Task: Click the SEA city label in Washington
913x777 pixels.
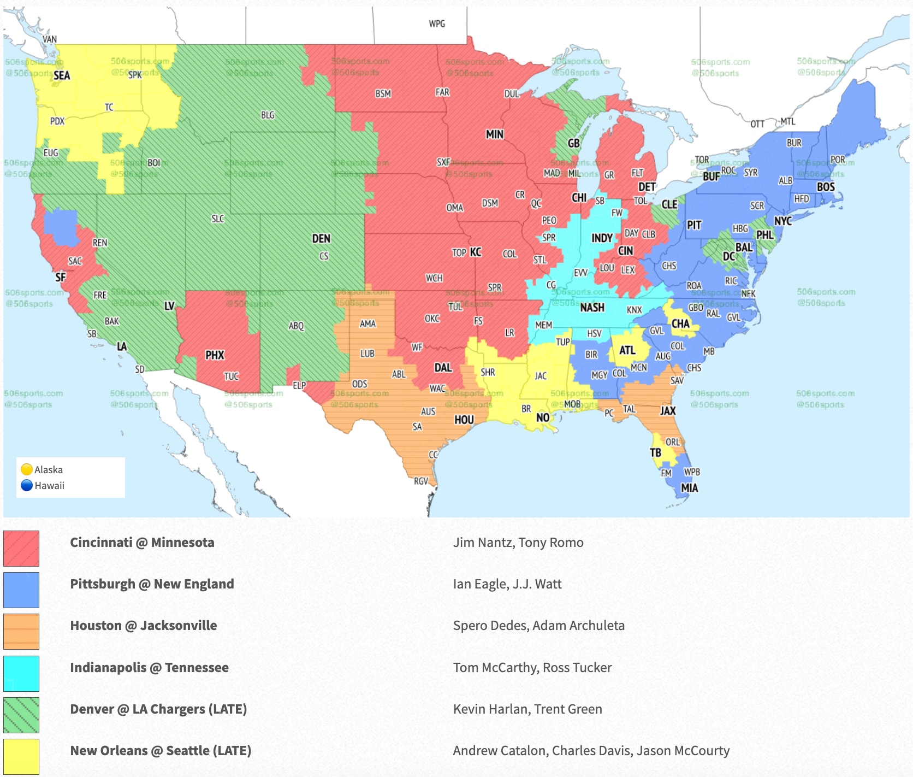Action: [62, 75]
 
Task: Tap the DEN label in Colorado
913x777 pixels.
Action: [321, 239]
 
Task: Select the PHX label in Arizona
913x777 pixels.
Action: [215, 355]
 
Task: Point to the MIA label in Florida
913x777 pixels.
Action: [689, 488]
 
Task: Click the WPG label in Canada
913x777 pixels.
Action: [437, 24]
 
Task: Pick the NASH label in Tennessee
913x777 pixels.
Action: [592, 308]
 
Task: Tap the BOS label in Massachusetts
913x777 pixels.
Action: [825, 187]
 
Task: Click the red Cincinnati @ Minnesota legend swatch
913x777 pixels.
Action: [21, 548]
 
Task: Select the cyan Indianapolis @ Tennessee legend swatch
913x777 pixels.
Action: [21, 673]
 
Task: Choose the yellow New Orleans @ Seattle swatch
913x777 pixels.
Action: [21, 756]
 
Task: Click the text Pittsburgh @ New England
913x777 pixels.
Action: [152, 584]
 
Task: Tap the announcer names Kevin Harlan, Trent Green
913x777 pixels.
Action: [527, 709]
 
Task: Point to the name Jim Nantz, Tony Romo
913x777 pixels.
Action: [518, 543]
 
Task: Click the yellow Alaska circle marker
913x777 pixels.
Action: [26, 469]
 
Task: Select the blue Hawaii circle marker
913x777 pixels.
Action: [26, 485]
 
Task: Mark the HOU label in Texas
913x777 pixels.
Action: [464, 420]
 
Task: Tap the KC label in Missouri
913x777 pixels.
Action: [476, 252]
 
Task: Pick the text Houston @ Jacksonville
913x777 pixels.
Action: [144, 626]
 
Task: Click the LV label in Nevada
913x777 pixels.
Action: [169, 306]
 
